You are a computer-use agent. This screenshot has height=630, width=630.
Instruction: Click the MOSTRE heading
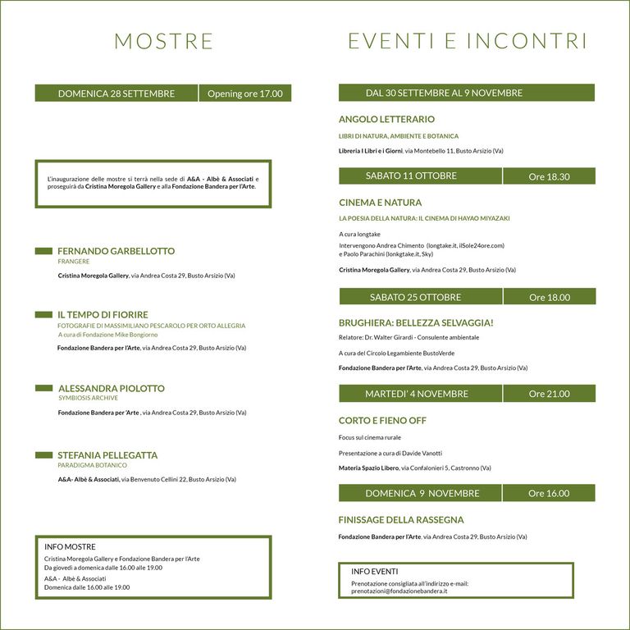[x=163, y=41]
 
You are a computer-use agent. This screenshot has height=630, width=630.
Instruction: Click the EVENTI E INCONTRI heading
[x=468, y=41]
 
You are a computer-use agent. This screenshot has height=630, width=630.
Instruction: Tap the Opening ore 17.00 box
[x=244, y=94]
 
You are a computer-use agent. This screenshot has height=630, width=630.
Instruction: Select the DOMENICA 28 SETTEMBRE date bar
[x=116, y=94]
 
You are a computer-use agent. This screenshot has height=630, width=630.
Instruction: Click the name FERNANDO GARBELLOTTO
[x=116, y=251]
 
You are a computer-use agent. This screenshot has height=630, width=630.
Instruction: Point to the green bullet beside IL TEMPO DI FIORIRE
[x=43, y=314]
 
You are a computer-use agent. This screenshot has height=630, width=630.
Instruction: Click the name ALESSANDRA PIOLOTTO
[x=111, y=388]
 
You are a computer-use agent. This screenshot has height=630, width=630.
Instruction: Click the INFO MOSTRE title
[x=70, y=546]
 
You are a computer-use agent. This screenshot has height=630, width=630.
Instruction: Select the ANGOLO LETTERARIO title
[x=386, y=119]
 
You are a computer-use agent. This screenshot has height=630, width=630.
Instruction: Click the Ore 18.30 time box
[x=549, y=176]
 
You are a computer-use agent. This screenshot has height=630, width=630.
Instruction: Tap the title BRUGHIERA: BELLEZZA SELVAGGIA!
[x=416, y=322]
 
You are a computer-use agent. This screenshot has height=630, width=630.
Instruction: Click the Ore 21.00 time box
[x=549, y=394]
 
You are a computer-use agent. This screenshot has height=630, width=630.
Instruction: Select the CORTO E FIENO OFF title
[x=382, y=421]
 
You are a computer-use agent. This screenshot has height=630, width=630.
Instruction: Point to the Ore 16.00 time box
[x=549, y=493]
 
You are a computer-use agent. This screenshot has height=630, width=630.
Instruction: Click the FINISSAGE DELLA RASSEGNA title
[x=401, y=519]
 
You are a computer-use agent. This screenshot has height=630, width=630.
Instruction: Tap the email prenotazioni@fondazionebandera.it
[x=399, y=591]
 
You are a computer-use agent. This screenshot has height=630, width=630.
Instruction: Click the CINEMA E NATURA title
[x=380, y=202]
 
